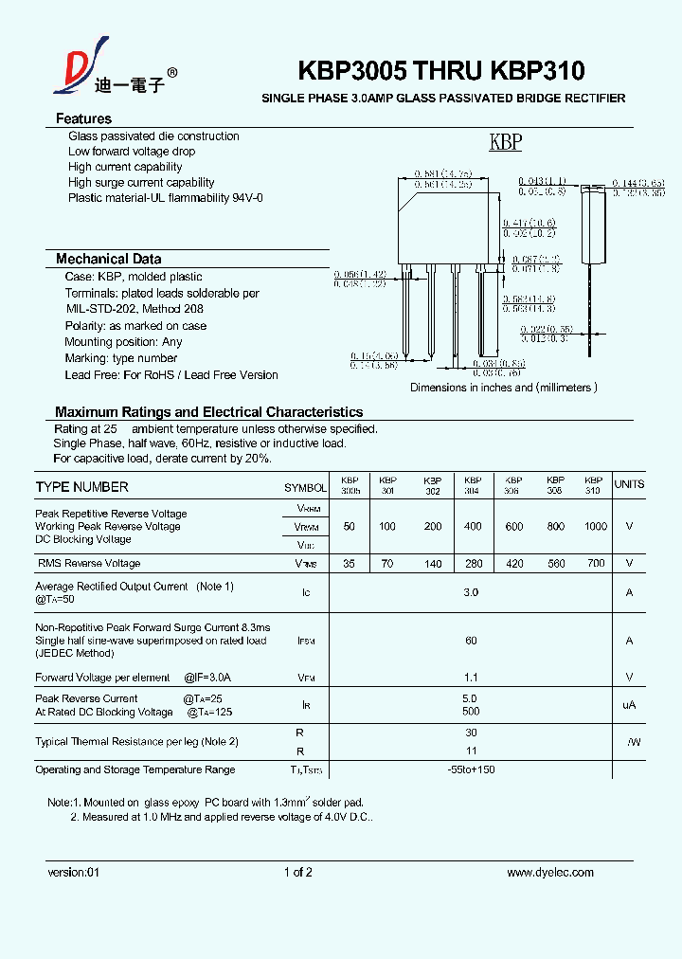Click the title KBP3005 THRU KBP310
click(x=441, y=71)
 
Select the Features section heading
click(x=83, y=118)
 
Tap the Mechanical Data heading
click(x=108, y=259)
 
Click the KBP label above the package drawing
click(x=505, y=143)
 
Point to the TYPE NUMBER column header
click(x=81, y=487)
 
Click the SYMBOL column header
click(x=305, y=488)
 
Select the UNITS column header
click(x=629, y=484)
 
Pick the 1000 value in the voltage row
click(x=595, y=526)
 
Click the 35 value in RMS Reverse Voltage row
click(x=349, y=564)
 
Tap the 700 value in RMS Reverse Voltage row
click(x=595, y=564)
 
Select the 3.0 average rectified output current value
click(x=471, y=592)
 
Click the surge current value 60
click(x=471, y=641)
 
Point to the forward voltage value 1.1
click(x=471, y=678)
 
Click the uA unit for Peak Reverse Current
click(x=629, y=705)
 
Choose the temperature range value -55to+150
click(x=471, y=769)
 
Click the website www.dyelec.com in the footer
click(x=550, y=873)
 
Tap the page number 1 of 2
click(x=297, y=873)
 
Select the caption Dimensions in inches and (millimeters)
click(x=503, y=388)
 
